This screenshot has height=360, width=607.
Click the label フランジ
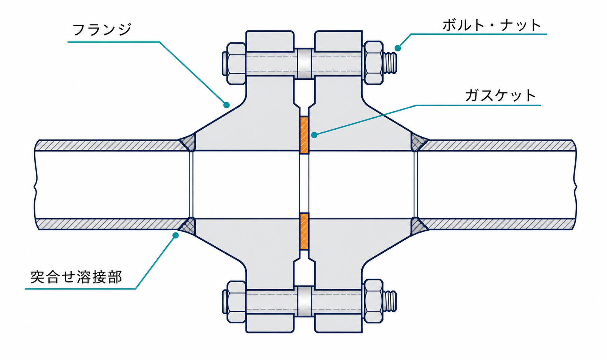[x=102, y=29]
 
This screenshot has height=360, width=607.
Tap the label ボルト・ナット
[x=492, y=25]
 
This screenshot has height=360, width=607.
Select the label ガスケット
[x=500, y=96]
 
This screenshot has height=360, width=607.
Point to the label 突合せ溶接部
[x=76, y=277]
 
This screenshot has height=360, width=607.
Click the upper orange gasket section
[x=304, y=135]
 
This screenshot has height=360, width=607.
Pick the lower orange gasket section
[x=304, y=231]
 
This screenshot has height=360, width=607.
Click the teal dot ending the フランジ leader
[x=227, y=105]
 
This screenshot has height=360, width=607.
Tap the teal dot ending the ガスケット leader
[x=314, y=135]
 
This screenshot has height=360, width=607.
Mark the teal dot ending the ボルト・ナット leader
[x=397, y=48]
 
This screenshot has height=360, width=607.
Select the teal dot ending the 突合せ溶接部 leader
[x=176, y=236]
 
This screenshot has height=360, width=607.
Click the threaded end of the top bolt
[x=390, y=63]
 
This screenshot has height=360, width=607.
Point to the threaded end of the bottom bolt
[x=390, y=301]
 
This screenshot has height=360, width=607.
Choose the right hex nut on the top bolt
[x=373, y=63]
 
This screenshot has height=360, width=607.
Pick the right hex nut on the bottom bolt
[x=373, y=301]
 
